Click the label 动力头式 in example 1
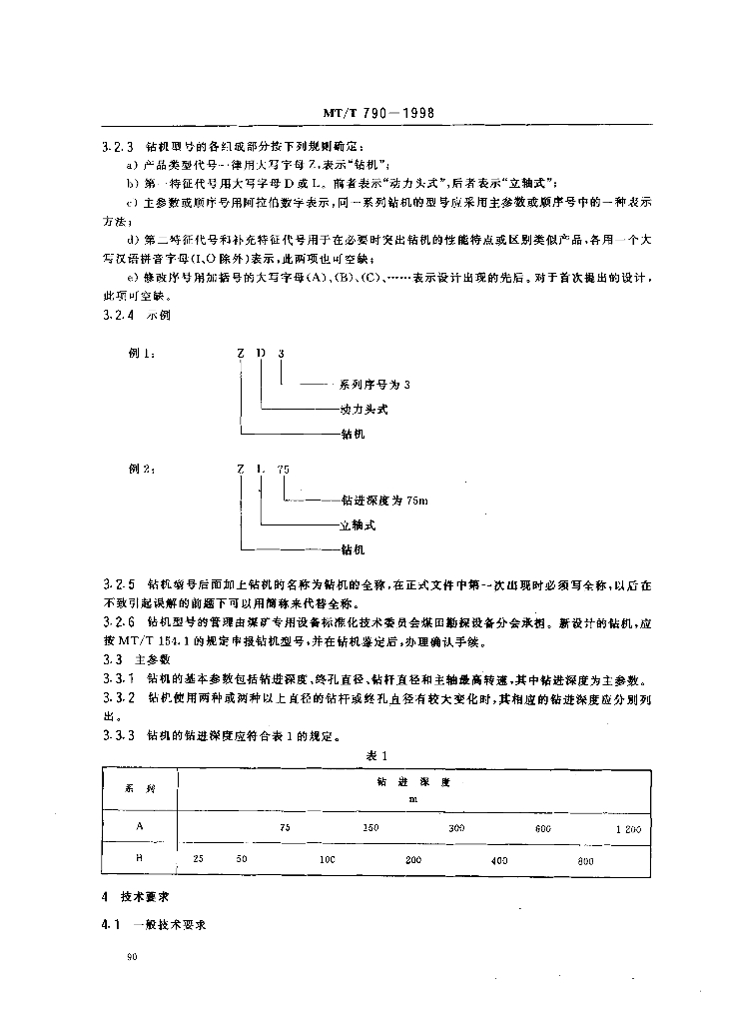(x=363, y=410)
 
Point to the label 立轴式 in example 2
(x=358, y=523)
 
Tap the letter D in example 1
(x=261, y=354)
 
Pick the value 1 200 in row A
(x=627, y=829)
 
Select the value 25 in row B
(x=198, y=859)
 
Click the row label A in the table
(x=139, y=828)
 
